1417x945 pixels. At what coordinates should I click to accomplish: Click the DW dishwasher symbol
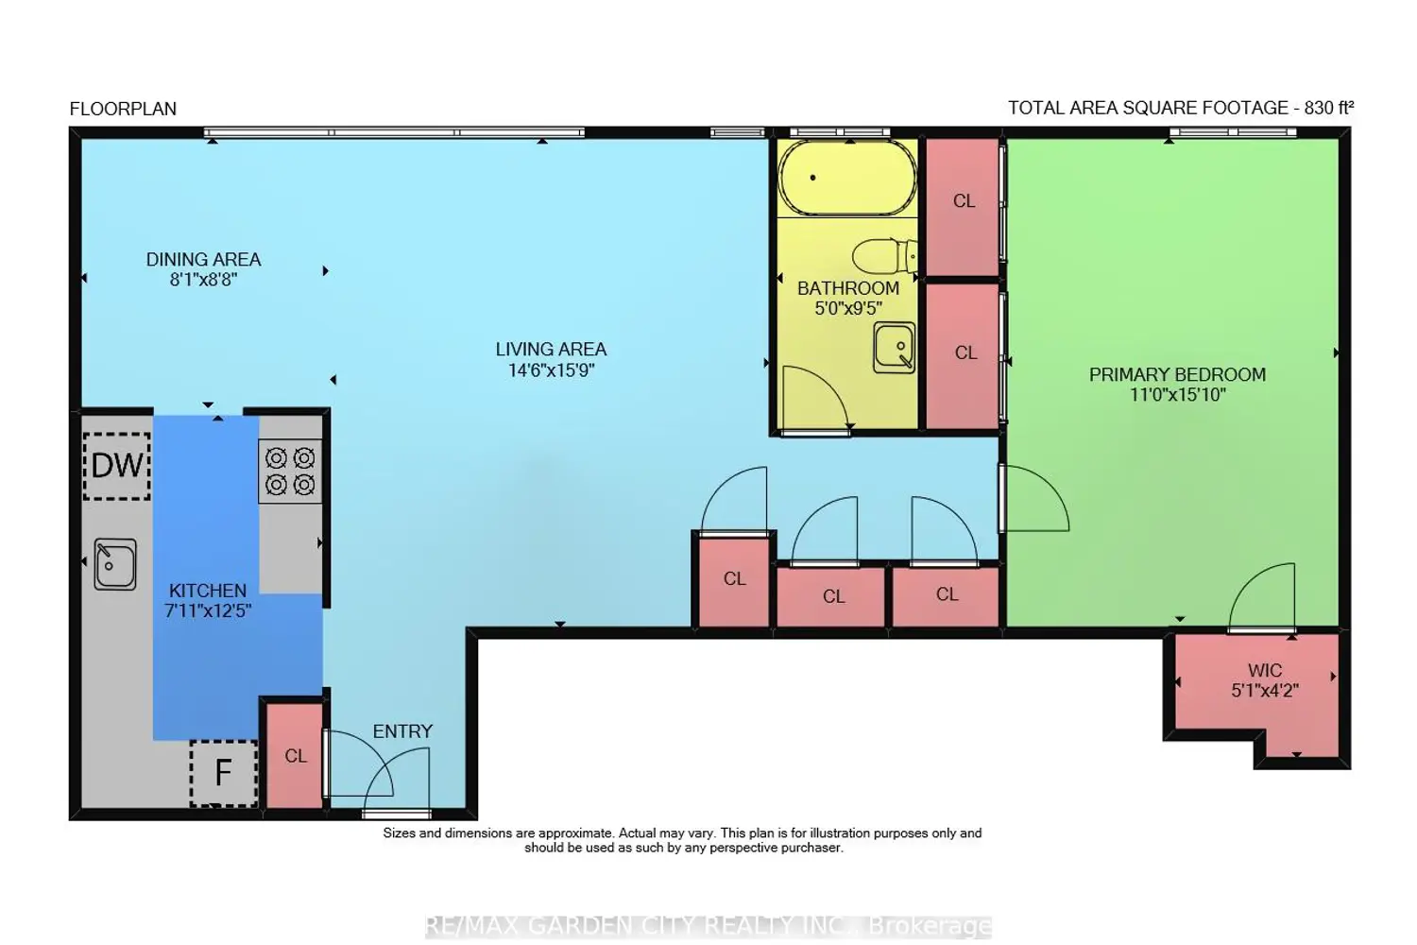tap(117, 466)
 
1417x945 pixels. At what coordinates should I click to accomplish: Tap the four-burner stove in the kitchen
tap(290, 472)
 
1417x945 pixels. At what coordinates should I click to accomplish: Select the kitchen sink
tap(115, 564)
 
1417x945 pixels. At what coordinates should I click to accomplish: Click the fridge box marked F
tap(223, 773)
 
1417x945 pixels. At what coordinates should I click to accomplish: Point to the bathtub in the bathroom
tap(847, 178)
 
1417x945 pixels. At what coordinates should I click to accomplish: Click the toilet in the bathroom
tap(885, 256)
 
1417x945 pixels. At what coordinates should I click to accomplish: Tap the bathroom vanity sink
tap(894, 348)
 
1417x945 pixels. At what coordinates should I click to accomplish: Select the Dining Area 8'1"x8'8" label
tap(204, 269)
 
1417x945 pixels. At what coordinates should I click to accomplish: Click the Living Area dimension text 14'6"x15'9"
tap(552, 370)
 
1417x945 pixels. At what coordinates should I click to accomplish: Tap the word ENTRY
tap(403, 731)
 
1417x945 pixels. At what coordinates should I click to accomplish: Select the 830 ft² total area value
tap(1328, 108)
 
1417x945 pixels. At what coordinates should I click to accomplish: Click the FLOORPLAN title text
tap(123, 109)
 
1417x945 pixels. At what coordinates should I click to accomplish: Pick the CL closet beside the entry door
tap(295, 755)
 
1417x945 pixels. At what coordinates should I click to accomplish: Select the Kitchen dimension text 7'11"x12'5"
tap(208, 610)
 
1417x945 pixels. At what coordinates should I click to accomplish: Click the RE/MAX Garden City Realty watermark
tap(708, 926)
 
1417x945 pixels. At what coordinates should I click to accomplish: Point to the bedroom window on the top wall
tap(1233, 132)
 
